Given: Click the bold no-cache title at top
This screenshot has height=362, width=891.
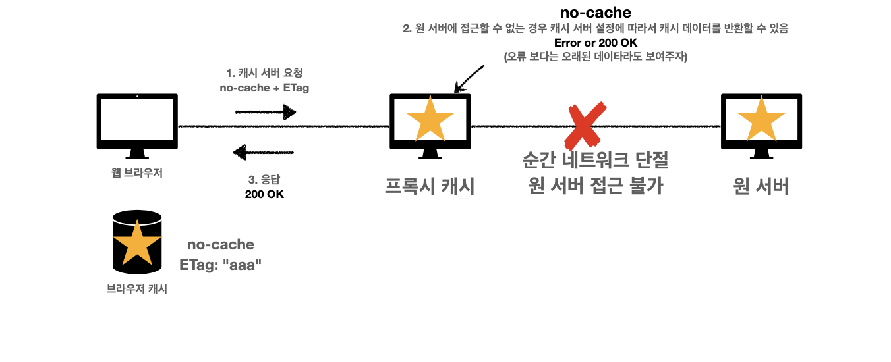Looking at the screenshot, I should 595,13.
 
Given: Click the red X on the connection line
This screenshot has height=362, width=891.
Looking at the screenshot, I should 585,125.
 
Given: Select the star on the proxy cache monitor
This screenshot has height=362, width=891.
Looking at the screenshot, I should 430,119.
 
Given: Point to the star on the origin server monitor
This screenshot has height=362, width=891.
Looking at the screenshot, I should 761,119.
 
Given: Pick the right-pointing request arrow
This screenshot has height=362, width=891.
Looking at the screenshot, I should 266,113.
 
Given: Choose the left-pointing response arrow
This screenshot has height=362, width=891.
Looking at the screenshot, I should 264,154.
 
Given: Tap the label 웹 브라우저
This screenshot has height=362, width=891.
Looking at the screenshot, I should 137,174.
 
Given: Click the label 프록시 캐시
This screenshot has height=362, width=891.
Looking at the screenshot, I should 430,186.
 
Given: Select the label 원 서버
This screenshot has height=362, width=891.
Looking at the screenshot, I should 761,186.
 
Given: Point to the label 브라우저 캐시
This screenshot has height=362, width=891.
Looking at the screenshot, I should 137,288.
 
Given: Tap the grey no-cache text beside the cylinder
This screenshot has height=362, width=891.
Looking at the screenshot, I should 221,245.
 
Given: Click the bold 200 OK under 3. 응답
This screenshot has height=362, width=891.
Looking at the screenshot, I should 264,194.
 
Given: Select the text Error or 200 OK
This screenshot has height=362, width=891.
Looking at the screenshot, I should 595,43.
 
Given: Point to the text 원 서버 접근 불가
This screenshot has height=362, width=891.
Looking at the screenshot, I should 595,186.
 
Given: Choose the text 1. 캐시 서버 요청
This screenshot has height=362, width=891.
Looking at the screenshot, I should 264,73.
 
